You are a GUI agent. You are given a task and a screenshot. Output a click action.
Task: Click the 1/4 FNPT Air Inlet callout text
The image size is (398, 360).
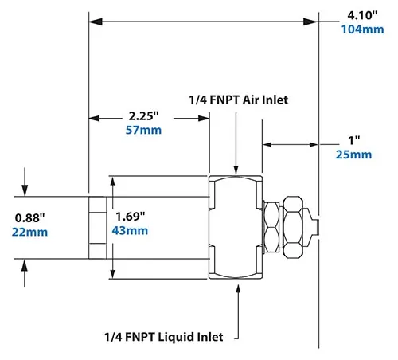point(238,100)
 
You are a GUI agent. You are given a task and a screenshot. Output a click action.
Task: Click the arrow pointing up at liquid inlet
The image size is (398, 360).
point(236,292)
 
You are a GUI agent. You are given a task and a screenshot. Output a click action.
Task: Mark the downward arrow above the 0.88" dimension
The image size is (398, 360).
point(25,188)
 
